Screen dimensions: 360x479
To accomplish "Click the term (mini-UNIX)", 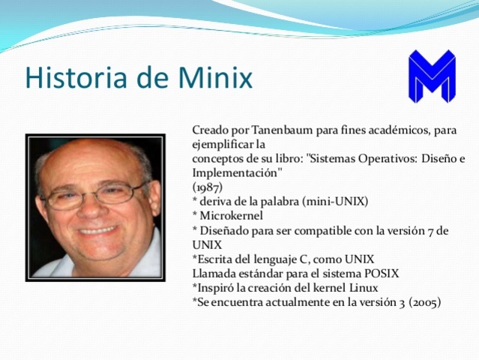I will point(337,201).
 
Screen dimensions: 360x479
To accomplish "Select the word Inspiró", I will point(215,288).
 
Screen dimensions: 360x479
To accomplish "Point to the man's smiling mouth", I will point(97,231).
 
